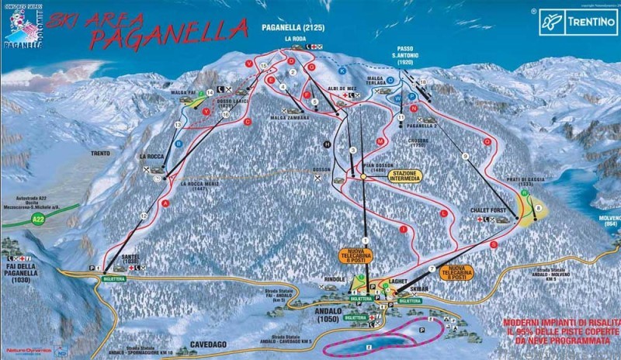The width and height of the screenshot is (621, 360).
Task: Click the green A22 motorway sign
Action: pyautogui.click(x=37, y=220)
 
